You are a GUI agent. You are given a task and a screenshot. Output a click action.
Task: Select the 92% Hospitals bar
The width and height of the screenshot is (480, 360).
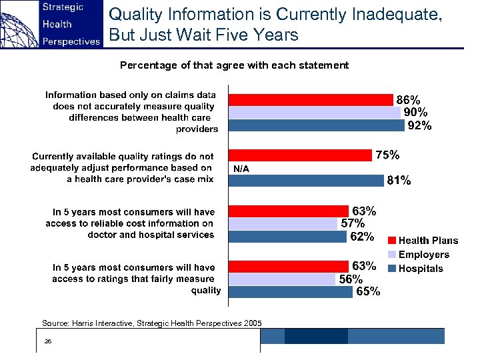(x=316, y=125)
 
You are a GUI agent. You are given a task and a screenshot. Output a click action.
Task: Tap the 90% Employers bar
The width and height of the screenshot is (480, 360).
(x=314, y=113)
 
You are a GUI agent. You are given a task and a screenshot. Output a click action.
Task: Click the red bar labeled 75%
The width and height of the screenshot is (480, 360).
(x=299, y=155)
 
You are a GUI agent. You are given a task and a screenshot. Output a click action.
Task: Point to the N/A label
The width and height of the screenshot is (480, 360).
(x=241, y=169)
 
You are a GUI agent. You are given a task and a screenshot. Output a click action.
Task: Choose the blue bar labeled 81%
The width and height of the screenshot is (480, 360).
(x=306, y=180)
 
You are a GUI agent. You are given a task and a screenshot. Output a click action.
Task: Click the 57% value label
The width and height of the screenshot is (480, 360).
(x=353, y=223)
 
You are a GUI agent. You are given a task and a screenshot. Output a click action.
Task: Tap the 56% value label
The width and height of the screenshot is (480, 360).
(x=351, y=279)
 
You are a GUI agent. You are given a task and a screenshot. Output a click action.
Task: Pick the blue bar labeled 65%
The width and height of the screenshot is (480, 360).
(x=289, y=291)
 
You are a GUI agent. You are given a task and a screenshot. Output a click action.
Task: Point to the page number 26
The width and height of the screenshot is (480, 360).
(x=47, y=341)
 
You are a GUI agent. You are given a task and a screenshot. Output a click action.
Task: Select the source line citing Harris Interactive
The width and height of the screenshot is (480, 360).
(x=152, y=323)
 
